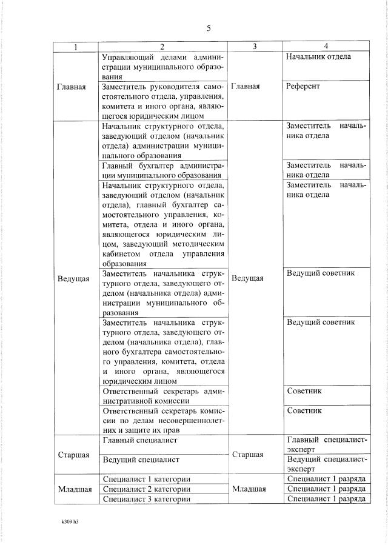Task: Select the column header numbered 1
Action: tap(75, 47)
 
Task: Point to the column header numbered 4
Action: tap(326, 47)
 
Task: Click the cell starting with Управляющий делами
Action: tap(164, 67)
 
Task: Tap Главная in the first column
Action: tap(72, 87)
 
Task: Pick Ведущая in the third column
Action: tap(247, 278)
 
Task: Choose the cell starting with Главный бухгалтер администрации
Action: tap(164, 170)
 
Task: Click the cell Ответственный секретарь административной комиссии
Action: tap(164, 395)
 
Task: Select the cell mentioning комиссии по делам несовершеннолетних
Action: tap(164, 420)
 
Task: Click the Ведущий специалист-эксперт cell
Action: tap(326, 464)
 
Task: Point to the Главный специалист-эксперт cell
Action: tap(326, 444)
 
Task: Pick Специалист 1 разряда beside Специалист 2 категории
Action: tap(326, 489)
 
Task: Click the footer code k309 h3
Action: tap(70, 521)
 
